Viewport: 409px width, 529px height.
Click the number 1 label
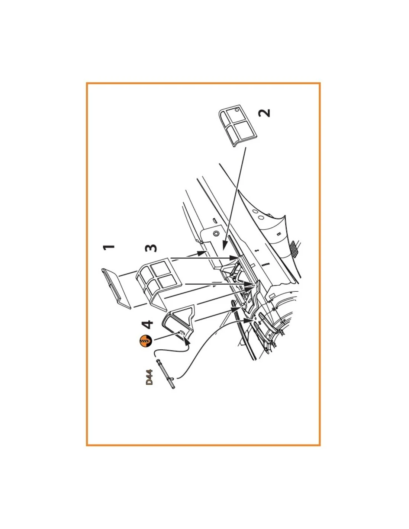[109, 248]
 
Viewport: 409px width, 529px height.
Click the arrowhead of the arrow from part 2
[224, 244]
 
